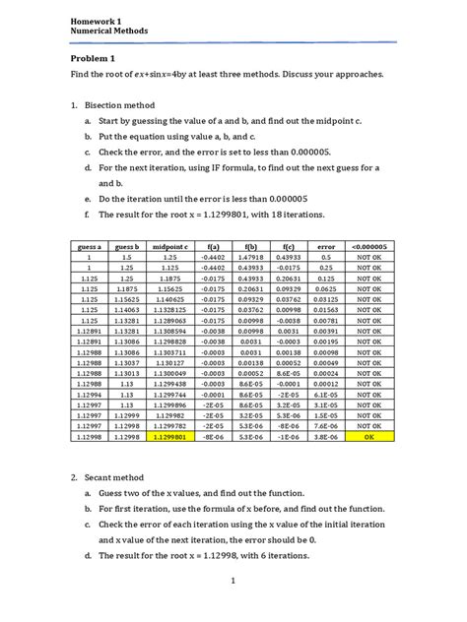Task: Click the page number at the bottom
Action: point(233,607)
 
